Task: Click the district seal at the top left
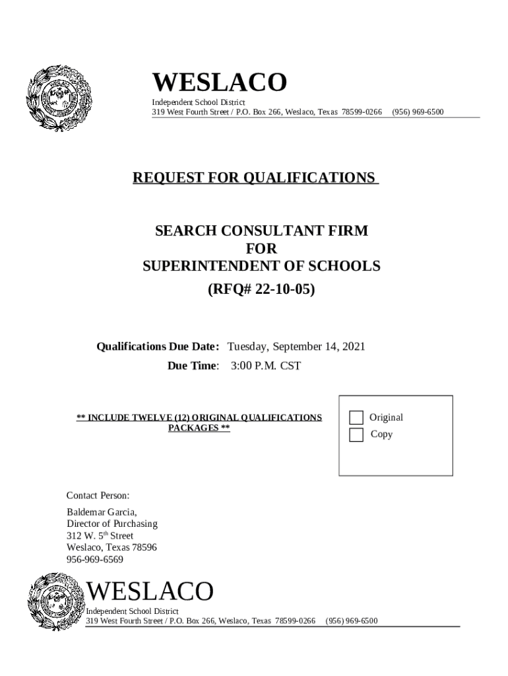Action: click(x=58, y=98)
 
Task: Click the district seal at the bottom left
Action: click(x=57, y=603)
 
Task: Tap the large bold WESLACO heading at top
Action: click(x=220, y=83)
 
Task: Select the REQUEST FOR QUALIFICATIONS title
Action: click(x=255, y=178)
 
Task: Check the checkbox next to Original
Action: click(x=356, y=417)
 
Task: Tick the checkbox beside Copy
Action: click(x=356, y=434)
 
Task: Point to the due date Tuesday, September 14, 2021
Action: click(x=296, y=347)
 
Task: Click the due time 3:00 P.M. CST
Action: click(x=266, y=365)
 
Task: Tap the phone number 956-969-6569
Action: click(x=95, y=559)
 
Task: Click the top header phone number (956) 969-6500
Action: click(x=418, y=112)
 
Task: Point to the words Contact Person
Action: click(x=98, y=495)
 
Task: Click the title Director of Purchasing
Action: click(x=112, y=524)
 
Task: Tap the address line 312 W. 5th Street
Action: click(x=100, y=535)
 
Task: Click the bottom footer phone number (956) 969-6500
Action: click(x=352, y=621)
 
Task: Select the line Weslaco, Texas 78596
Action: click(x=111, y=547)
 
